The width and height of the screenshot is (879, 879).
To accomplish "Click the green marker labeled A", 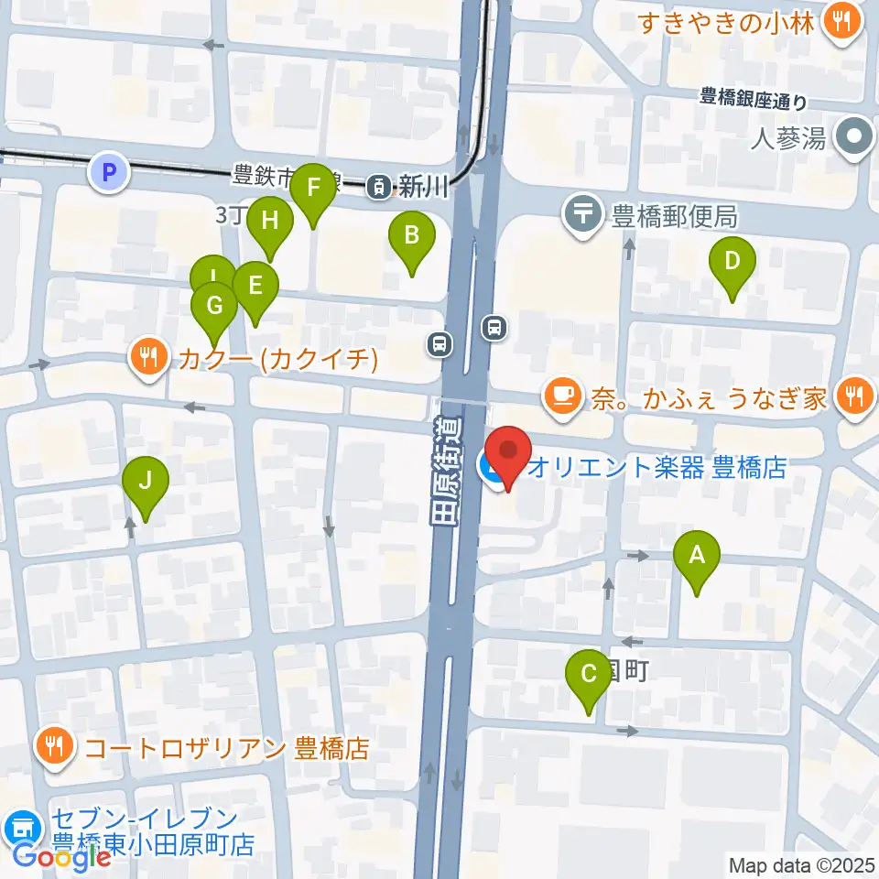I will pos(697,555).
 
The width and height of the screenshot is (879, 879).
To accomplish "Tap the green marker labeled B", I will pos(412,235).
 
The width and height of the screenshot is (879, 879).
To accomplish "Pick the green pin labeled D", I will pos(732,261).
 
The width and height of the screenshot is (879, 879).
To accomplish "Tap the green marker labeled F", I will pos(313,189).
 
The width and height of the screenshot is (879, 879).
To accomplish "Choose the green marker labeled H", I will pos(269,221).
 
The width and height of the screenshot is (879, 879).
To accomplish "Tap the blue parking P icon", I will pos(108,171).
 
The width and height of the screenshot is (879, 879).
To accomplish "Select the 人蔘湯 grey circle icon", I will pos(855,139).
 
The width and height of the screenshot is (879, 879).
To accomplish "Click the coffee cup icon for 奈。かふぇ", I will pos(561,396).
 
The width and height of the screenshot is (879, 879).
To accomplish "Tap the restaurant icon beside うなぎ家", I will pos(856,396).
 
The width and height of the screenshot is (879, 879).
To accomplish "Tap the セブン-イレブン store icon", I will pos(22,829).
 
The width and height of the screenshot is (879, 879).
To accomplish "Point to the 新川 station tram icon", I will pos(377,187).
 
